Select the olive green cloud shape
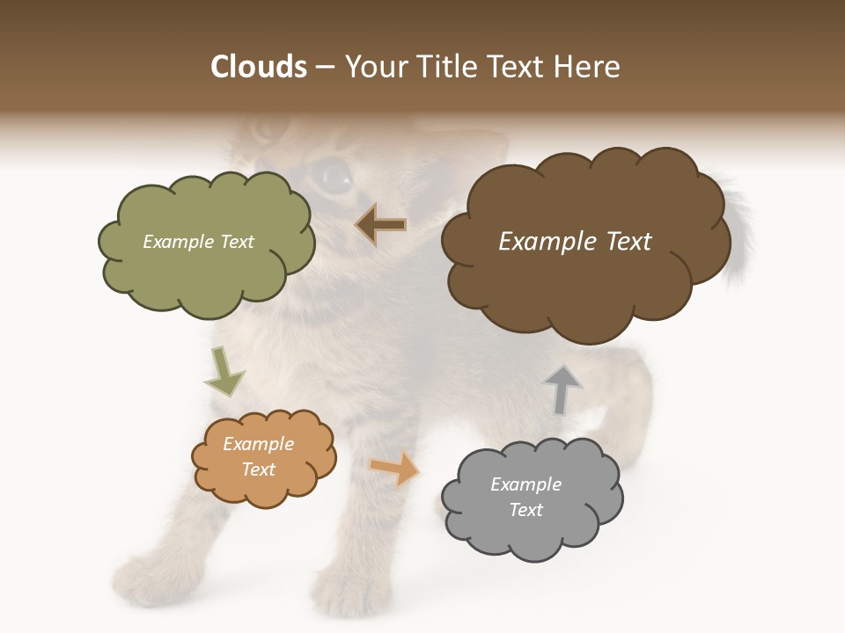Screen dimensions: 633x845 207,264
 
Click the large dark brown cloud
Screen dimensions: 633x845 585,281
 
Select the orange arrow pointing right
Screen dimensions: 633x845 395,468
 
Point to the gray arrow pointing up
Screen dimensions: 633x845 562,389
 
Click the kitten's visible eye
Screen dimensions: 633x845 334,176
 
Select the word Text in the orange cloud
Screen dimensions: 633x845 259,469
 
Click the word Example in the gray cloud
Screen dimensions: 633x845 525,484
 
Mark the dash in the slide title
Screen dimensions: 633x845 325,68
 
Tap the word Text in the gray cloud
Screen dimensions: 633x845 525,510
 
